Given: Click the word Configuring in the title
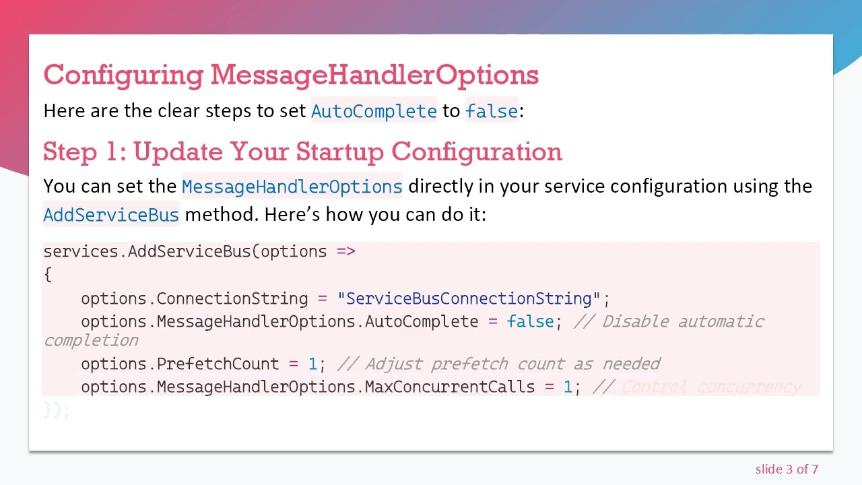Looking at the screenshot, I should [x=123, y=75].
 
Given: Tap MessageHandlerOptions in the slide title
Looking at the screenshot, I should [x=374, y=75].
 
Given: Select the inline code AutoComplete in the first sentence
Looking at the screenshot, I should [x=374, y=111].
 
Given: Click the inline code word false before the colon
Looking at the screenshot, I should [x=491, y=111].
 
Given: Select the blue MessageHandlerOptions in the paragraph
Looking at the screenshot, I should [x=292, y=187].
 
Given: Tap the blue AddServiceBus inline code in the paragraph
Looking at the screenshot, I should [x=111, y=215].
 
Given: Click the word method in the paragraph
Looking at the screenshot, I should [x=221, y=215].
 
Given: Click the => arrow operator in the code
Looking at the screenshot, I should [x=345, y=251].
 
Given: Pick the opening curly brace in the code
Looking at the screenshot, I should [x=47, y=274].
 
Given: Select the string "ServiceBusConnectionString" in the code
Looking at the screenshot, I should [x=469, y=298].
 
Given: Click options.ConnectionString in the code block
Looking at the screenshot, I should [x=194, y=298].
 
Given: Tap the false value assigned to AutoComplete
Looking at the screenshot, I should [x=530, y=321].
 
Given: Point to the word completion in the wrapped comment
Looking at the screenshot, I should [x=91, y=340].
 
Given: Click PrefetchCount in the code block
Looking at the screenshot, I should [x=217, y=364].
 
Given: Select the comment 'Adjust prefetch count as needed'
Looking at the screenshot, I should [x=512, y=364].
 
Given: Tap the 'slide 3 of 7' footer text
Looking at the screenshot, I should [x=787, y=470].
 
